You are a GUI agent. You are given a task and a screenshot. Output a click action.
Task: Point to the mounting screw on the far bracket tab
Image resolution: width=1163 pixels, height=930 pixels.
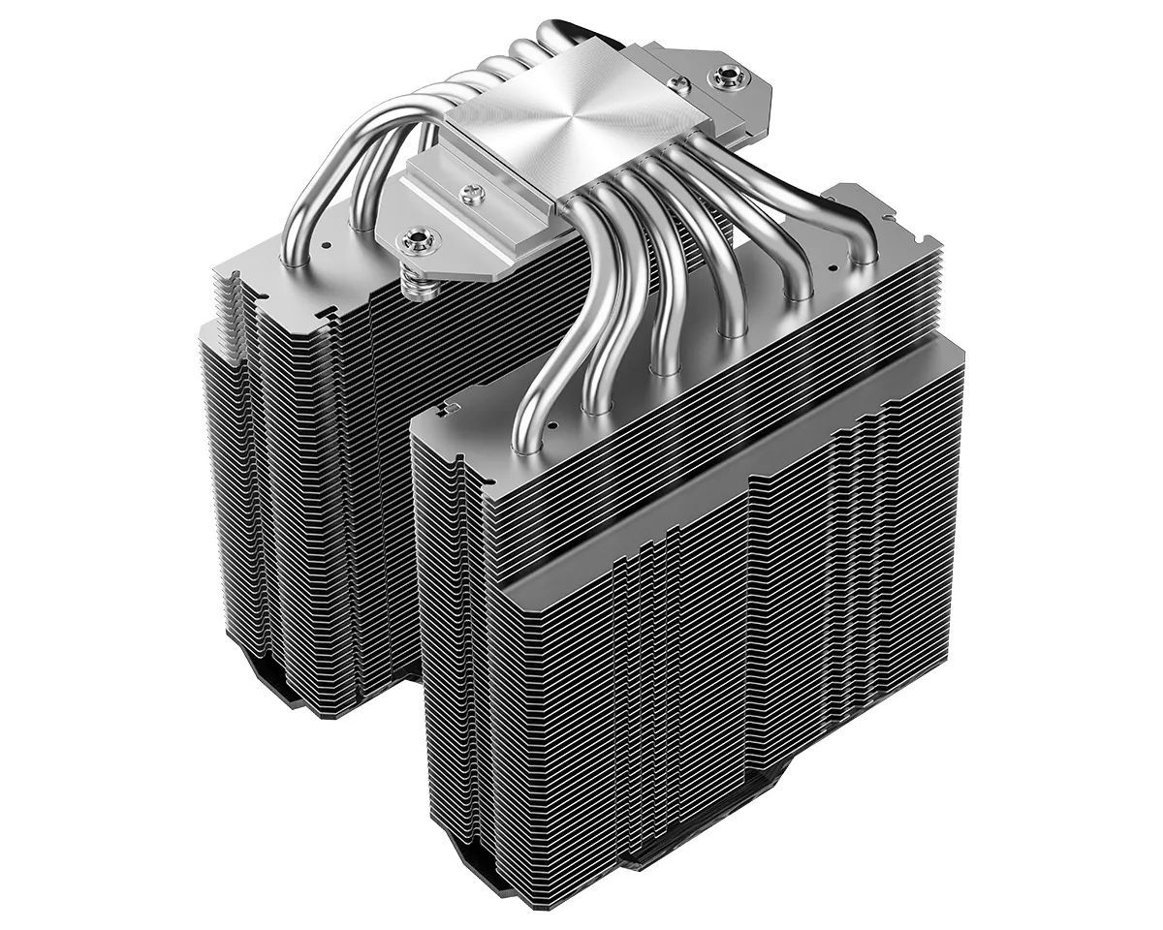721,74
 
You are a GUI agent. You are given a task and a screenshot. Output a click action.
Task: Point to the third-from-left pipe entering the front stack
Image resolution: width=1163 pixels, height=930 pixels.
662,365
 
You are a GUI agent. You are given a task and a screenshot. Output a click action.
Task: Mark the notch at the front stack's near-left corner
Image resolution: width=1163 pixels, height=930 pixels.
449,400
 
